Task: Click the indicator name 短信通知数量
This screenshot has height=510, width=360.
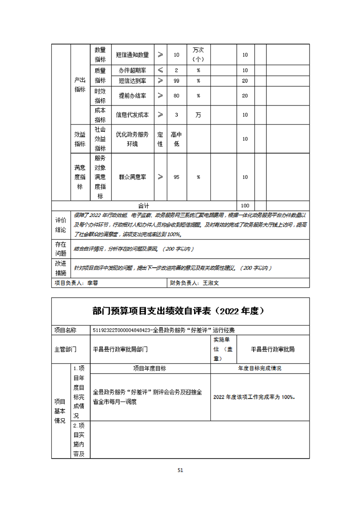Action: [132, 55]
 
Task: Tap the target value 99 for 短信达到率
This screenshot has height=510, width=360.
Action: [177, 80]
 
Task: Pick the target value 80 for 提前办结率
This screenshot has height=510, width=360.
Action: [177, 96]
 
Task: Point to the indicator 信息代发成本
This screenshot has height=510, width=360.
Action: [132, 115]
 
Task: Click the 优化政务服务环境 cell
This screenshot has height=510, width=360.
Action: [132, 139]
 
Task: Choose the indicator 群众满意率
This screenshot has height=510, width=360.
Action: [132, 177]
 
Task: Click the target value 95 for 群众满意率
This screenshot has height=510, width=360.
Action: [177, 177]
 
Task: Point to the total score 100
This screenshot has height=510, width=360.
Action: [245, 206]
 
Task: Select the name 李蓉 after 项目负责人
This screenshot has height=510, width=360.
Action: [92, 283]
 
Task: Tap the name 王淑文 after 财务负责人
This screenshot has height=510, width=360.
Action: [211, 283]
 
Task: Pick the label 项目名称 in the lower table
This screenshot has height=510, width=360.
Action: [65, 330]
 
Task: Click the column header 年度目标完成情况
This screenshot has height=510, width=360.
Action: [260, 368]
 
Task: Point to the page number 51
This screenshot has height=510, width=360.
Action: [180, 470]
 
